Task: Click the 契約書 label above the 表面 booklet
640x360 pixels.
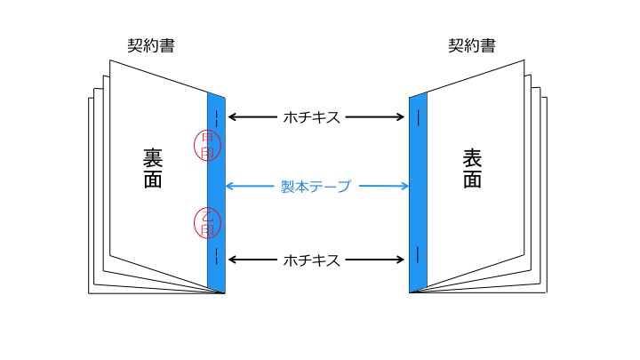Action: (471, 45)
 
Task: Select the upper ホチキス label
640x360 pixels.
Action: (311, 116)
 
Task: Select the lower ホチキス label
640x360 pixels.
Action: (311, 260)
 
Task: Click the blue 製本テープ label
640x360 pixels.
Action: (316, 187)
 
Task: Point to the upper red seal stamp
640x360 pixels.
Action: (207, 145)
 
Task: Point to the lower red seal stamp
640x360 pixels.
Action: (207, 223)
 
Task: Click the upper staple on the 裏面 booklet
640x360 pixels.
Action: (217, 117)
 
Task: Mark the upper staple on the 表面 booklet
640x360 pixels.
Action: (418, 116)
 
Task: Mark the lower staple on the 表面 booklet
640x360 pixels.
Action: (418, 255)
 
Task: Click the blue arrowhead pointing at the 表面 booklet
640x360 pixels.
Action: (404, 186)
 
